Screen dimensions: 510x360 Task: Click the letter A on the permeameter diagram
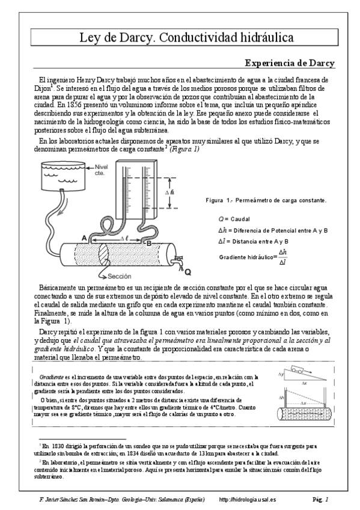[x=84, y=238]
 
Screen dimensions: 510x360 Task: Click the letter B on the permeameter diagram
[x=148, y=242]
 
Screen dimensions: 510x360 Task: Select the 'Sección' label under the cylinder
[x=119, y=276]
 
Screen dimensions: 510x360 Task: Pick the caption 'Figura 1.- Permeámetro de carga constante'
[x=266, y=200]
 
